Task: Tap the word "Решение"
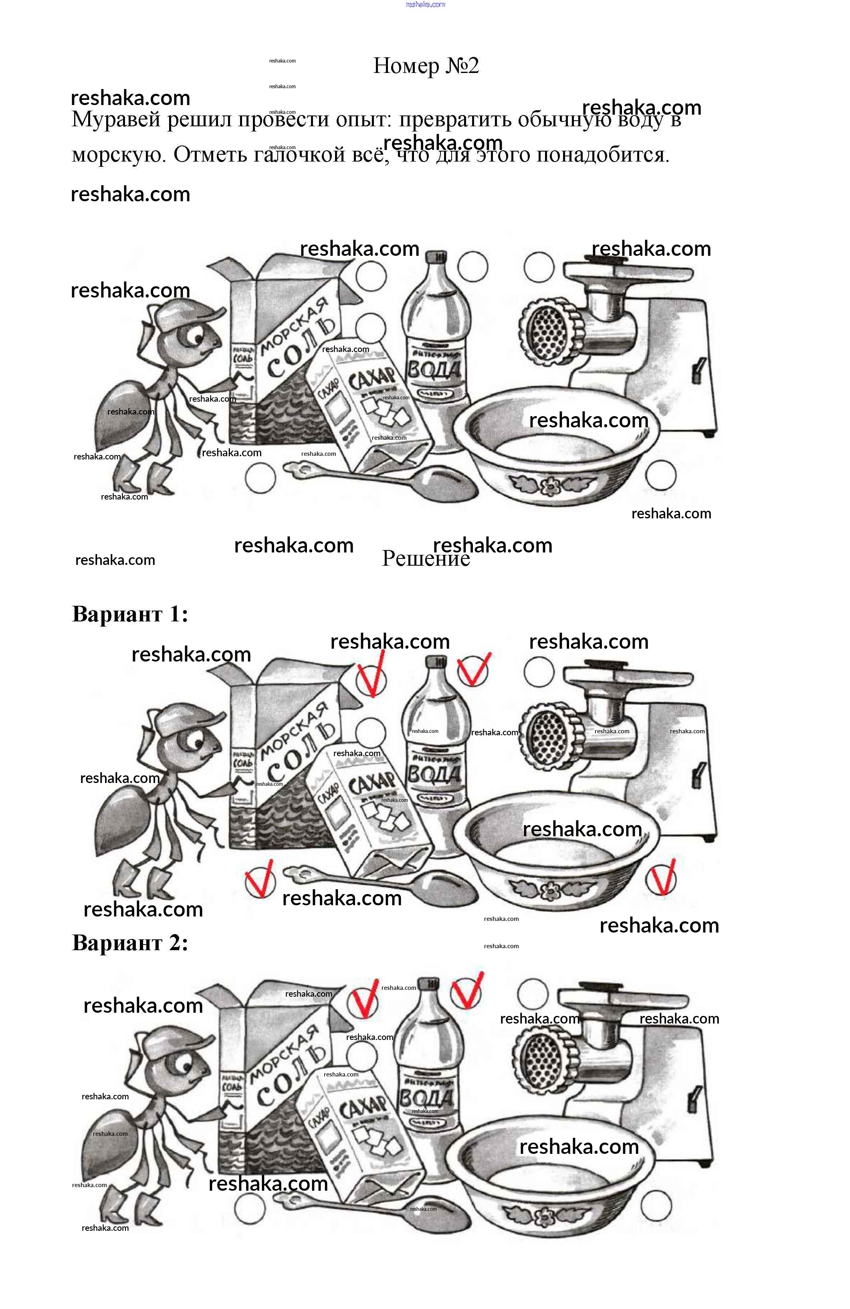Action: pyautogui.click(x=426, y=559)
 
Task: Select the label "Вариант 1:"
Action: pyautogui.click(x=130, y=614)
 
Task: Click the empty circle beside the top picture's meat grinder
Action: pyautogui.click(x=538, y=267)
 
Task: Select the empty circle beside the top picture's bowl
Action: pyautogui.click(x=660, y=475)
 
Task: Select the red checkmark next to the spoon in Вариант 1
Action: pyautogui.click(x=260, y=878)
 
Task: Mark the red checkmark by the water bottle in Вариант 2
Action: pyautogui.click(x=467, y=991)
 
